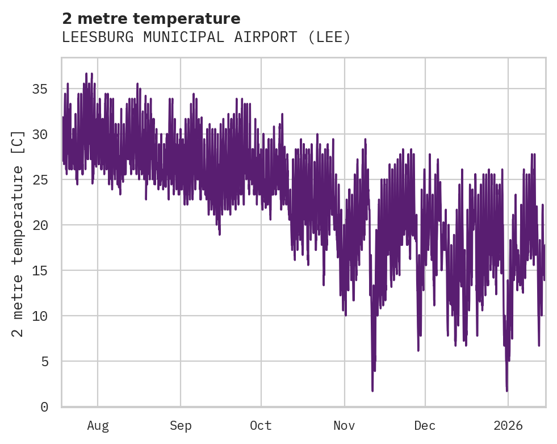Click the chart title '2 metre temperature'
[151, 19]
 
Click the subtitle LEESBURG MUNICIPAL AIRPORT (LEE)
[206, 37]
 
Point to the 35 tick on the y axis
[40, 89]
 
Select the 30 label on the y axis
[40, 135]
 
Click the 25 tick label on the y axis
[40, 180]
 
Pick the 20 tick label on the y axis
[40, 225]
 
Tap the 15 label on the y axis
[40, 270]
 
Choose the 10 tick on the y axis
[40, 316]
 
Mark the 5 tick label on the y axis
[44, 361]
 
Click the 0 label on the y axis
[44, 407]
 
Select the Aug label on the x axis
[98, 426]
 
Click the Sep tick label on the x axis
[181, 426]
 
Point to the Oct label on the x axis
[261, 426]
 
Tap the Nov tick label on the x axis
[344, 426]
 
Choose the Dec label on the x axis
[425, 426]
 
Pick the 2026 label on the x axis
[508, 426]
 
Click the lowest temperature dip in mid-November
[372, 390]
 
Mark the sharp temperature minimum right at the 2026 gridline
[507, 390]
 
